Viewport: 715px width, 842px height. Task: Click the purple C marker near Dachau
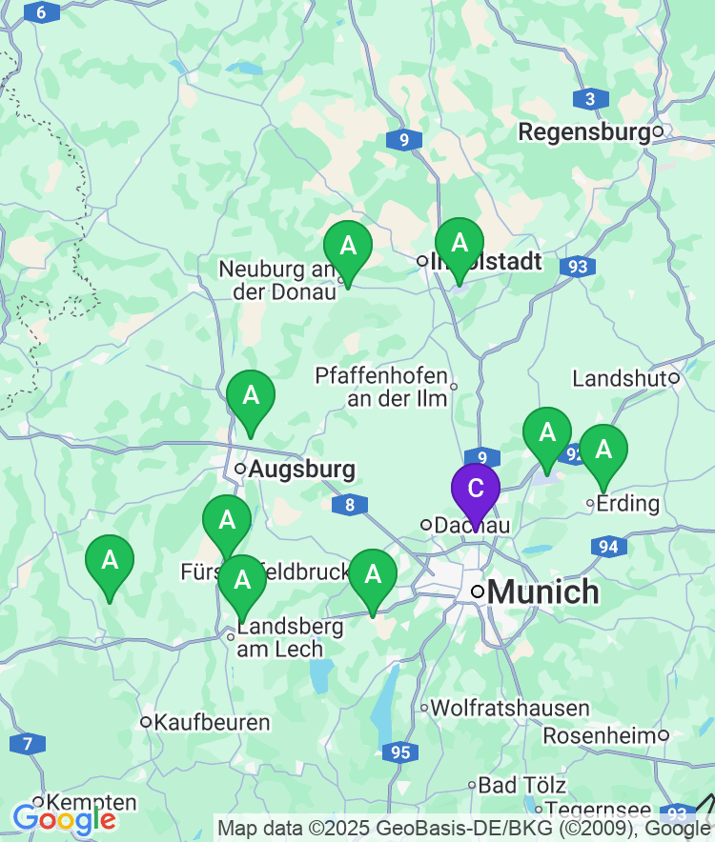tap(475, 490)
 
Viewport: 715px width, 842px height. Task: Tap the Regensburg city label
tap(584, 132)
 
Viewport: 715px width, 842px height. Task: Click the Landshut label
tap(619, 379)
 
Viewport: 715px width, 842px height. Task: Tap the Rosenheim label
tap(600, 735)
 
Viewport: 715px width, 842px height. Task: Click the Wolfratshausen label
tap(510, 709)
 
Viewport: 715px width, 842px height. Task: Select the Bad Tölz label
tap(522, 786)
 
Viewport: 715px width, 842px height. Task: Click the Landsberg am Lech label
tap(281, 638)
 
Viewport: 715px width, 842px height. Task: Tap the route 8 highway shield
tap(350, 505)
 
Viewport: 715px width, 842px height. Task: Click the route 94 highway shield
tap(608, 547)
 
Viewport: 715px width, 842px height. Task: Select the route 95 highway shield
tap(399, 753)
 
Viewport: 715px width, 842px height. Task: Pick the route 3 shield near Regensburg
tap(591, 99)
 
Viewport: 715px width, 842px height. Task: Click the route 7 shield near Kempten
tap(28, 744)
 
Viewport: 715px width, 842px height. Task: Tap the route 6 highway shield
tap(41, 12)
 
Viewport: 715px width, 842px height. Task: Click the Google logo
tap(64, 818)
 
